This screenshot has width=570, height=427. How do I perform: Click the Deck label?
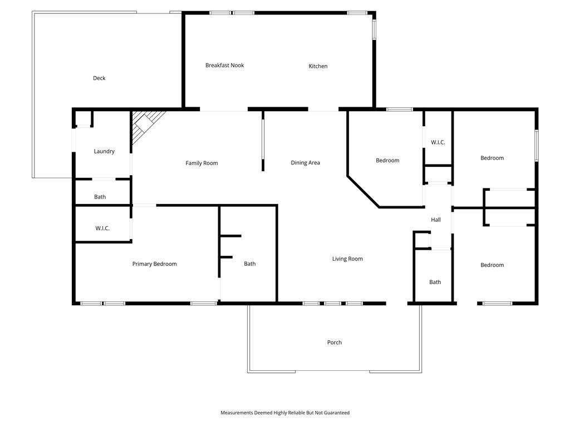click(x=99, y=78)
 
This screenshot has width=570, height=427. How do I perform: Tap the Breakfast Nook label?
click(x=225, y=66)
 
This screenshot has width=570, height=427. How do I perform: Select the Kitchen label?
click(x=318, y=66)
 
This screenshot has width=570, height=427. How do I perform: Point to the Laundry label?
click(x=104, y=151)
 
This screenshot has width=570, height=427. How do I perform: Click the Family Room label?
click(x=202, y=163)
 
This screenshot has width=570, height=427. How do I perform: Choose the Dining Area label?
click(x=306, y=163)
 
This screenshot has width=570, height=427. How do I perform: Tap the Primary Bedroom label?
click(x=155, y=264)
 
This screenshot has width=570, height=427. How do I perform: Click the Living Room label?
click(x=347, y=259)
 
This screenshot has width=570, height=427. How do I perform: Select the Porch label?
click(x=335, y=342)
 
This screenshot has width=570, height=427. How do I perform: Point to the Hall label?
click(x=436, y=220)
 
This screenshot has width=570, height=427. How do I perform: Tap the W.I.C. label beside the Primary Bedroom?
click(x=102, y=229)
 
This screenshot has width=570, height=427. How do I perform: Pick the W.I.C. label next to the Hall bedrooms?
click(x=438, y=142)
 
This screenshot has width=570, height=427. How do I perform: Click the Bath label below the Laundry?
click(x=100, y=197)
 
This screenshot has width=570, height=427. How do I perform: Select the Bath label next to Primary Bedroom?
click(x=250, y=264)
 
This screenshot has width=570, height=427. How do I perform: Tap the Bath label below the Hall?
click(x=435, y=282)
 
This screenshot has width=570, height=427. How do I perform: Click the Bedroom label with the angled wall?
click(x=387, y=161)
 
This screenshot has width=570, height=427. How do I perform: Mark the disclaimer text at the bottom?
click(x=285, y=413)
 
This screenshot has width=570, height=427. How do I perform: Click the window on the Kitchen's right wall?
click(x=374, y=29)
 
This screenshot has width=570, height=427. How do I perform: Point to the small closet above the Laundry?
click(x=83, y=118)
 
